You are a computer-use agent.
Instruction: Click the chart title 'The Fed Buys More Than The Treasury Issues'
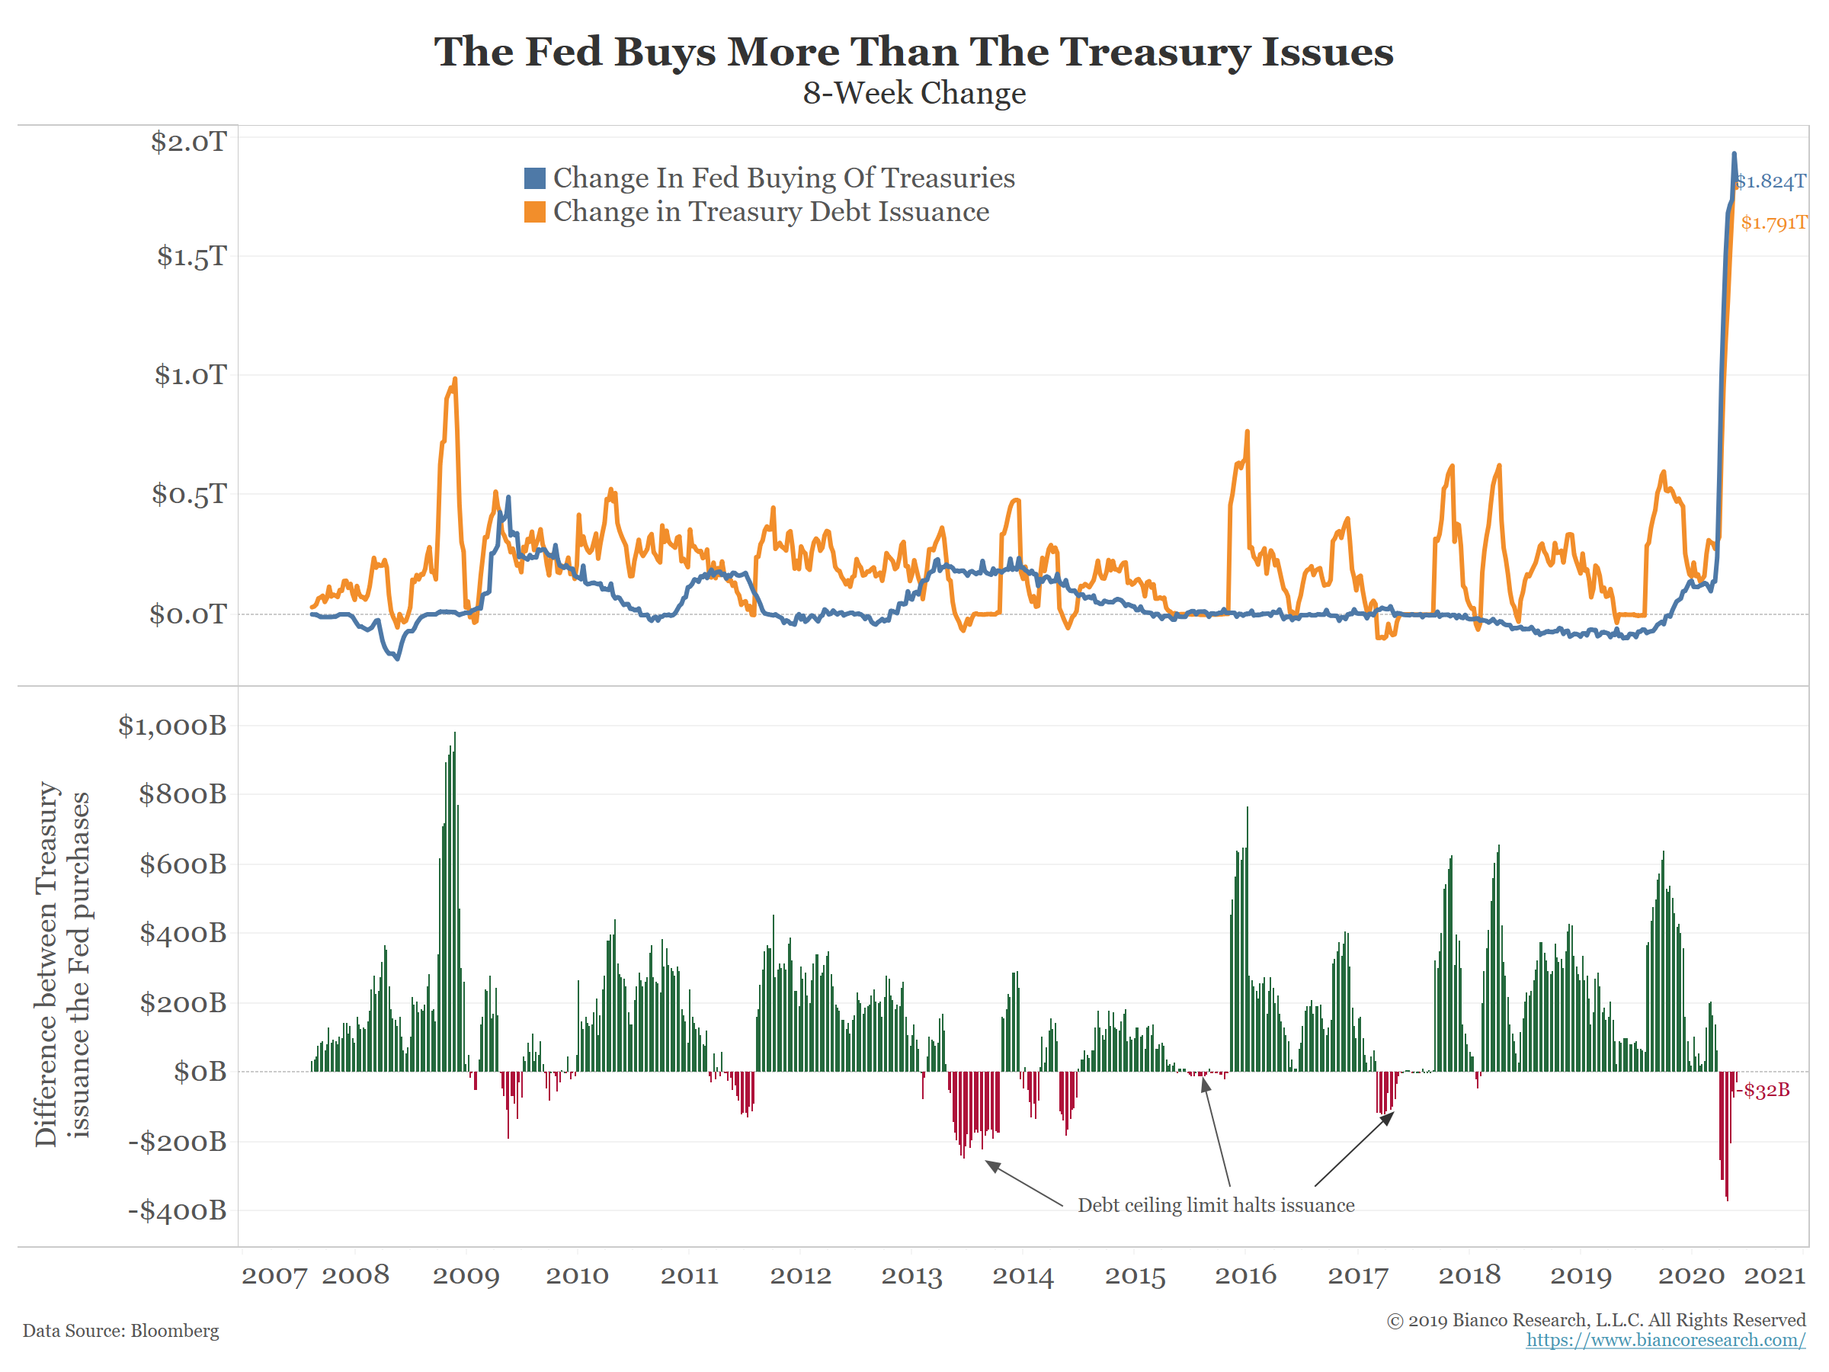[x=914, y=51]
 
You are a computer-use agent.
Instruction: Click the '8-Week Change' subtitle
[x=914, y=94]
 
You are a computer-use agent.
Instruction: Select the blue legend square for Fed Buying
[x=535, y=178]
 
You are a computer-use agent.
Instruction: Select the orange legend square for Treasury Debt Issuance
[x=535, y=213]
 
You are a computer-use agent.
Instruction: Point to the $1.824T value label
[x=1771, y=182]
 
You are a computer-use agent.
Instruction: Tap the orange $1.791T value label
[x=1774, y=223]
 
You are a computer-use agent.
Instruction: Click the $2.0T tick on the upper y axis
[x=188, y=142]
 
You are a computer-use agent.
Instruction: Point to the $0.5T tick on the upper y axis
[x=188, y=494]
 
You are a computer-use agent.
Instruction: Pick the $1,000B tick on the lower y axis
[x=172, y=726]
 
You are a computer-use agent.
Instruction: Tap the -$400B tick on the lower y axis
[x=177, y=1210]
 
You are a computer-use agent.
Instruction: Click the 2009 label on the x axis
[x=466, y=1275]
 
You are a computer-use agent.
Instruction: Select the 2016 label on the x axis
[x=1245, y=1275]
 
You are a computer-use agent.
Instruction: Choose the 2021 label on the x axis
[x=1774, y=1275]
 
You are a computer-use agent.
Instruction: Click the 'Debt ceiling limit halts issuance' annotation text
[x=1216, y=1205]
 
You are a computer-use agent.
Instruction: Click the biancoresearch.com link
[x=1665, y=1340]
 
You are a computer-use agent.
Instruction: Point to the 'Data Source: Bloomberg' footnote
[x=120, y=1331]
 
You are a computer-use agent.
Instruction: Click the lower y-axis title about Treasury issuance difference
[x=62, y=963]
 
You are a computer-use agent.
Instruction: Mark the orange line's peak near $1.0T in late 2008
[x=455, y=380]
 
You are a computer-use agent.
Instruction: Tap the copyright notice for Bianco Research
[x=1596, y=1320]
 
